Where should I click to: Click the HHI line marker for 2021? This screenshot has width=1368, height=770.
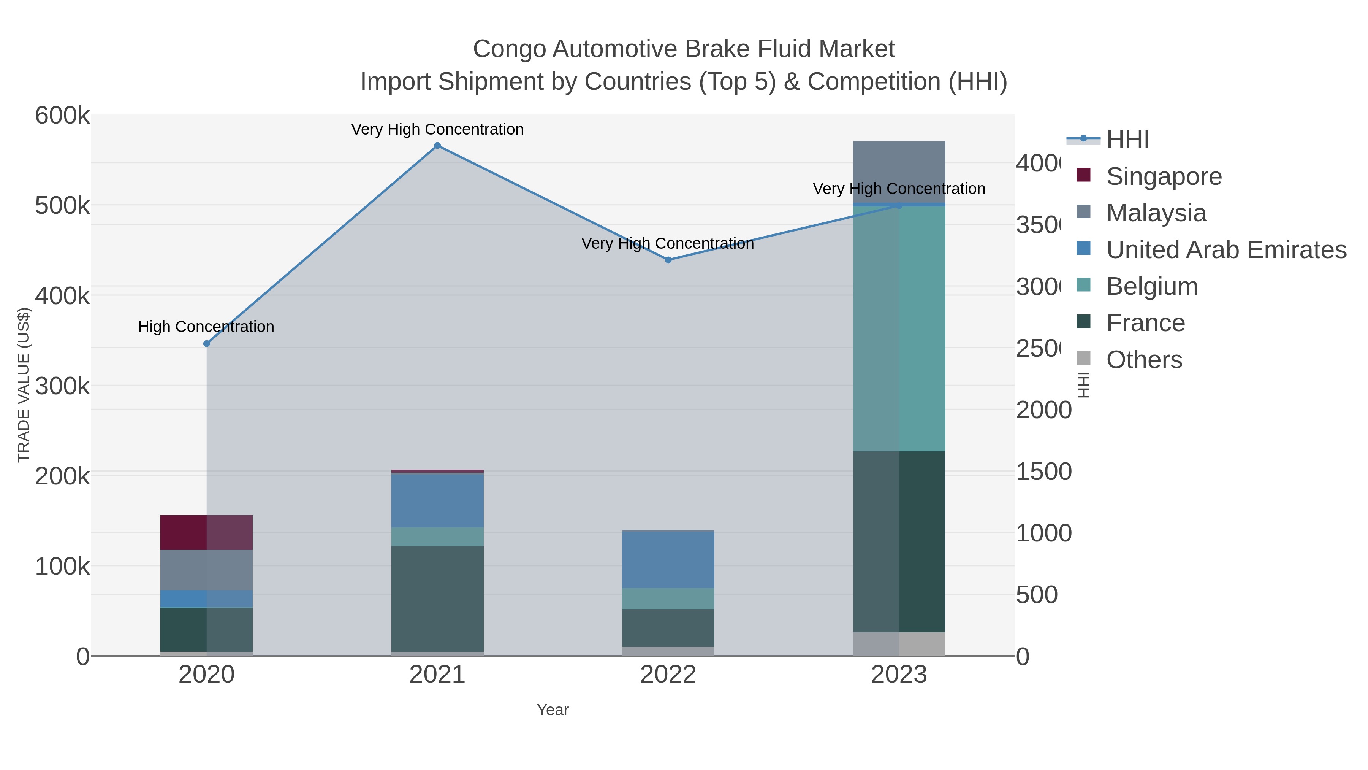click(437, 146)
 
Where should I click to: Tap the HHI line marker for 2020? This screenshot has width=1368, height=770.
click(207, 344)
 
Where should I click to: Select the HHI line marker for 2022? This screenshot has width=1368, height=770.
click(668, 260)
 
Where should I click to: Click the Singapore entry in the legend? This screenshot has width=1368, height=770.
click(1164, 176)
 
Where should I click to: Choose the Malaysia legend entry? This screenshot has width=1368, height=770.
click(1156, 213)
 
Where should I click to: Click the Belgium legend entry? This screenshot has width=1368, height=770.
click(1152, 286)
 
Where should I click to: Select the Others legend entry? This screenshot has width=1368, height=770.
click(1144, 360)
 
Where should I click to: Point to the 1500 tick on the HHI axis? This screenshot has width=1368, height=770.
click(1043, 472)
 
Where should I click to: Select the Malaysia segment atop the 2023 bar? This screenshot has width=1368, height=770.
click(899, 171)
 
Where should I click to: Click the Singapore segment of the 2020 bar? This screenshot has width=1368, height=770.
click(207, 532)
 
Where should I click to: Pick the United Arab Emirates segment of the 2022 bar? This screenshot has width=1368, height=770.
click(668, 560)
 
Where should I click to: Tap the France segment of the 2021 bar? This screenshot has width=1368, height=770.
click(437, 599)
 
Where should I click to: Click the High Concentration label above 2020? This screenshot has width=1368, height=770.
click(206, 327)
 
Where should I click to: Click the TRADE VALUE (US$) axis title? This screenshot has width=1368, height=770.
click(24, 385)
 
